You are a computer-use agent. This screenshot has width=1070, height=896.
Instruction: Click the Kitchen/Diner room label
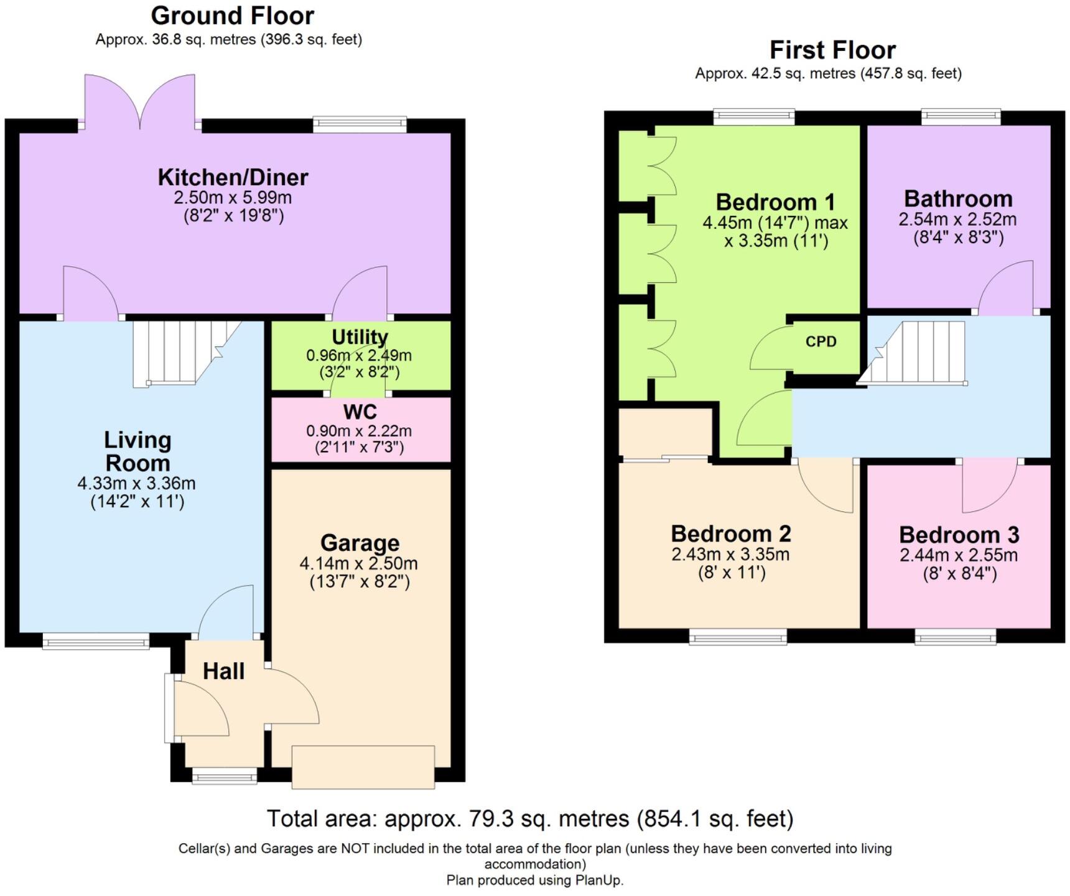point(233,177)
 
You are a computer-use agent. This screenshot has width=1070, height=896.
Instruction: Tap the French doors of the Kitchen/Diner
point(140,103)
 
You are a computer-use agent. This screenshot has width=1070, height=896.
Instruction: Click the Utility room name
point(360,337)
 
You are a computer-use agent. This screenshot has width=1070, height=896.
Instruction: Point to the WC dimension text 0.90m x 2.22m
point(359,431)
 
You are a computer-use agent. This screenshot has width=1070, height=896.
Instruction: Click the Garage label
point(360,543)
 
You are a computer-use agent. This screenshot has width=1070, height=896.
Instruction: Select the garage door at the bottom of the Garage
point(363,767)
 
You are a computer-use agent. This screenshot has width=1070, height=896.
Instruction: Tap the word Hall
point(223,672)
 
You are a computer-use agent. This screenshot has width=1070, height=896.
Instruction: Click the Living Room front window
point(96,640)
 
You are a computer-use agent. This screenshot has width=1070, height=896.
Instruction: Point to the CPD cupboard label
point(821,341)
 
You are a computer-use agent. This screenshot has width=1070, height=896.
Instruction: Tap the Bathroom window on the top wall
point(961,116)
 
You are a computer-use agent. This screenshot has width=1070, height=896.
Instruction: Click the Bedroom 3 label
point(959,535)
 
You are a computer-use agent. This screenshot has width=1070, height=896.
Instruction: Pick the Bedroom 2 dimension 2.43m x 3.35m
point(730,554)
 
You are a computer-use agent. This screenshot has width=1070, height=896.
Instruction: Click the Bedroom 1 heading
point(775,202)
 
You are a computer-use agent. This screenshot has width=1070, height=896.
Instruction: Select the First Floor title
point(832,50)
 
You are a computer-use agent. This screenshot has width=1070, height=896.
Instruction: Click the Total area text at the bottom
point(530,819)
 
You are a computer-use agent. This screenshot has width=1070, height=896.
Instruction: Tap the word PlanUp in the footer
point(597,880)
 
